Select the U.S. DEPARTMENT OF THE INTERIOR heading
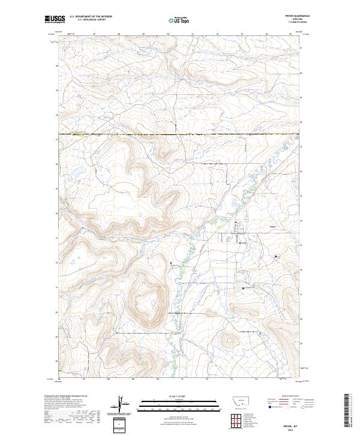point(91,17)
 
